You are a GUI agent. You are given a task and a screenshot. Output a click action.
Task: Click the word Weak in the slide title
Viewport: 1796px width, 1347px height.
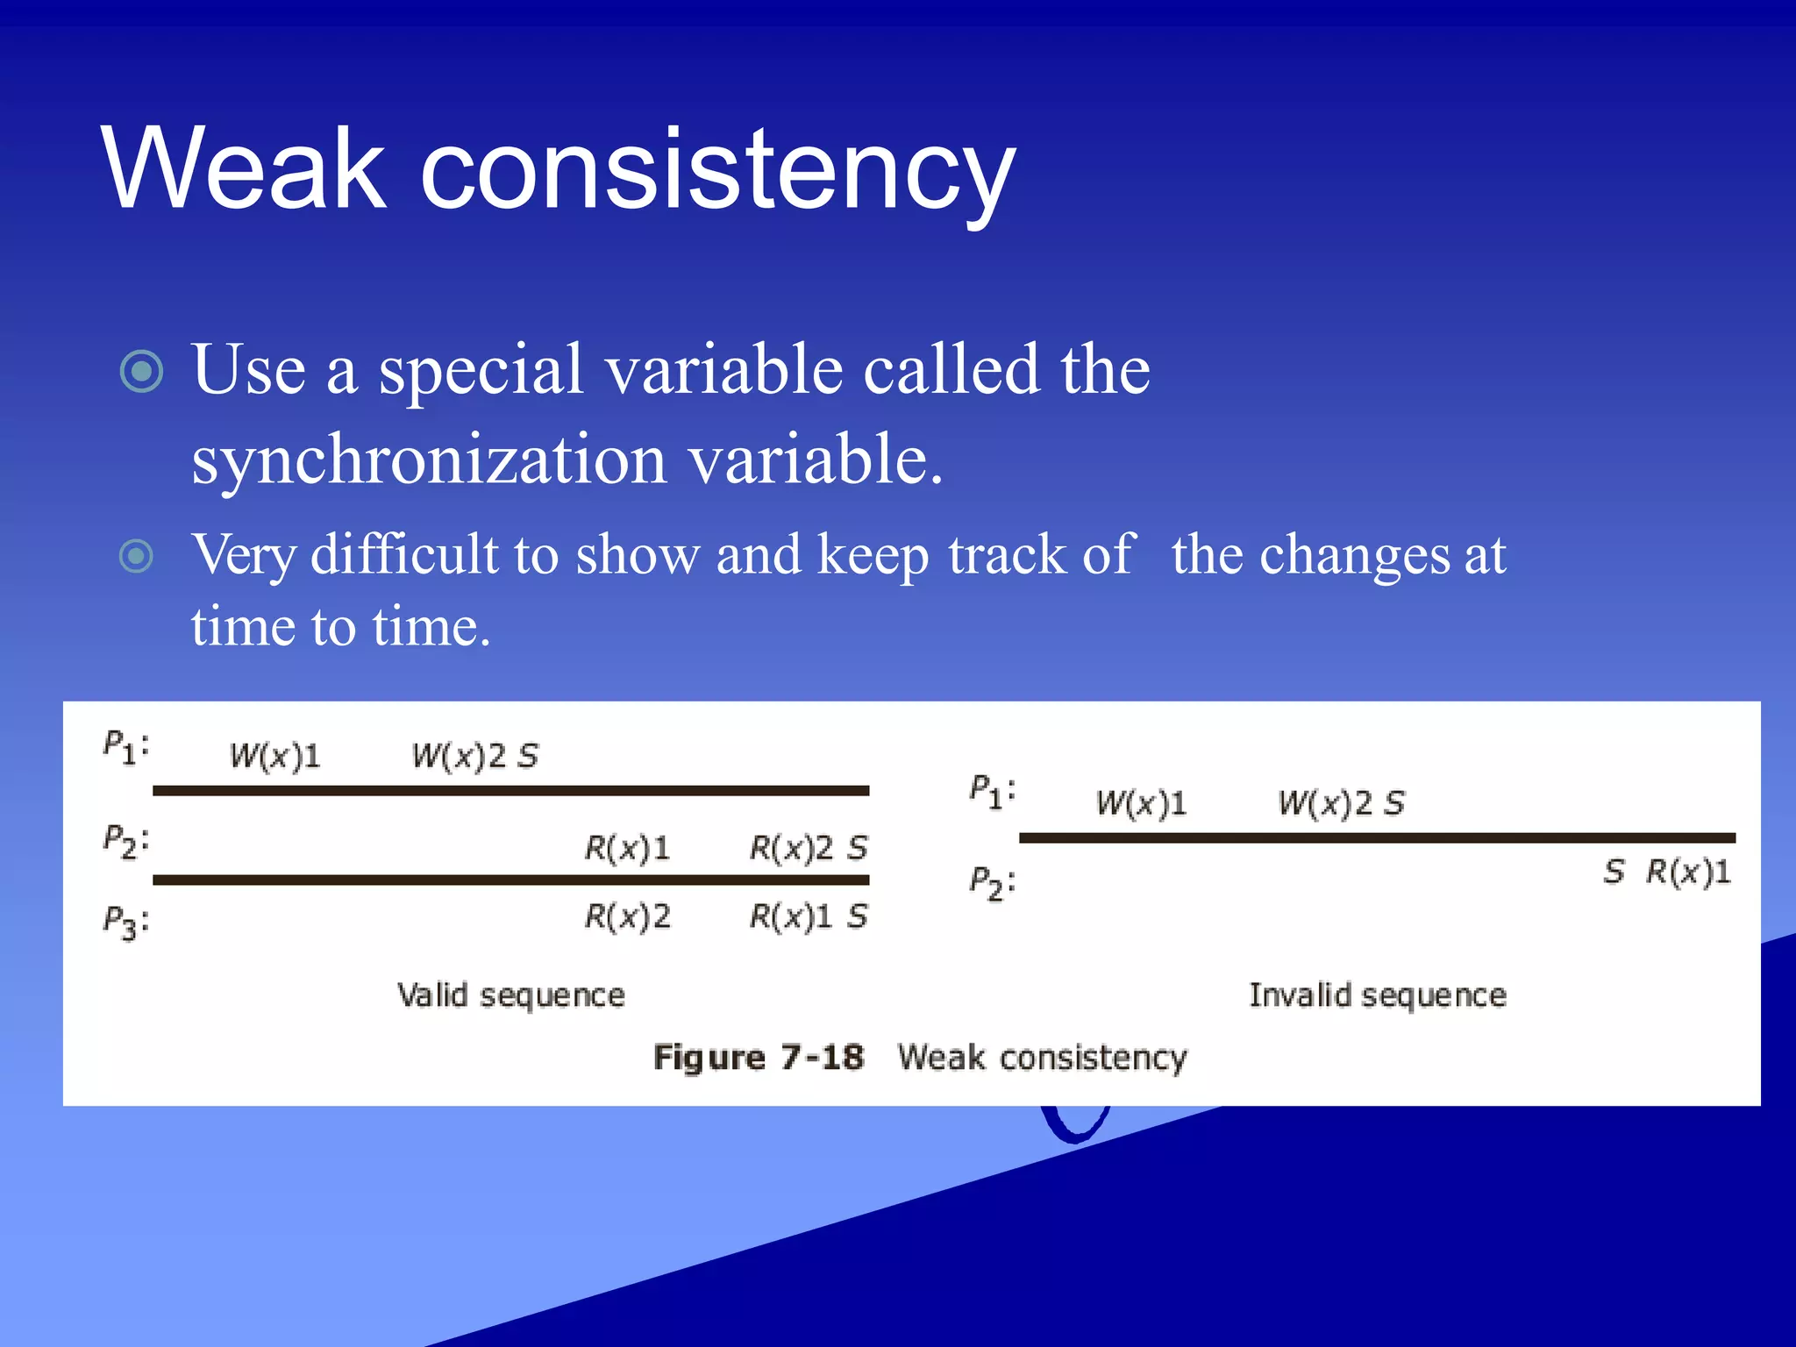pos(243,168)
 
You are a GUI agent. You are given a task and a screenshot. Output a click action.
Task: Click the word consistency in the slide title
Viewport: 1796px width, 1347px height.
pos(717,171)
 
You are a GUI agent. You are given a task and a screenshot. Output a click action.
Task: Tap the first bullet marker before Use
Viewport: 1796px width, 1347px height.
pos(141,371)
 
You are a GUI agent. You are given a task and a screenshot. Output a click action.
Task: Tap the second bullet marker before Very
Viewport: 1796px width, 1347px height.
pos(136,556)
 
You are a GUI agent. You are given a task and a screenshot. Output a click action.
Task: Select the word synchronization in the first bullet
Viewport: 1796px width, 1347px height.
pos(429,460)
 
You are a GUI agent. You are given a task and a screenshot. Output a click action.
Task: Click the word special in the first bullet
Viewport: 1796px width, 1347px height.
pos(481,371)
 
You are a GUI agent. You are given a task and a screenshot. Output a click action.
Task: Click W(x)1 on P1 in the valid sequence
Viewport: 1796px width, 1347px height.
pos(275,756)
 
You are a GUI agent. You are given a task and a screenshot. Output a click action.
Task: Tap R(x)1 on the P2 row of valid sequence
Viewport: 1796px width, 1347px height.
pos(627,848)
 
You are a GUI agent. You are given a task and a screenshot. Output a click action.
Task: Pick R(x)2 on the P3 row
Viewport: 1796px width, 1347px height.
pos(627,917)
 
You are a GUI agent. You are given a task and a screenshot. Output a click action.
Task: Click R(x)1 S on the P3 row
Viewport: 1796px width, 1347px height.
pos(808,917)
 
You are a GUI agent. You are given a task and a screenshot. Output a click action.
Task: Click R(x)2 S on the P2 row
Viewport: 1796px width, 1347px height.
pos(808,848)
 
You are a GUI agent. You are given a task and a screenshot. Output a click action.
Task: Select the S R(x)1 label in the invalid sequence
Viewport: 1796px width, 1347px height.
pos(1667,872)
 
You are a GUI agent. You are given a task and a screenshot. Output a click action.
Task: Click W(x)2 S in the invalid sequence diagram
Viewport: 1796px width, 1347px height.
pos(1341,803)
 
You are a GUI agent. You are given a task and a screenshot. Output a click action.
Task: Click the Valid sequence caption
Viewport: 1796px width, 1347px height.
pos(510,995)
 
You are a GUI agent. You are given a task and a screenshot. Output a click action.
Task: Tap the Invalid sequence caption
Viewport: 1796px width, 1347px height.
pos(1377,995)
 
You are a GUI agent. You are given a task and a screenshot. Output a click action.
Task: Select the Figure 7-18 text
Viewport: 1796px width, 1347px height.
pos(759,1058)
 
